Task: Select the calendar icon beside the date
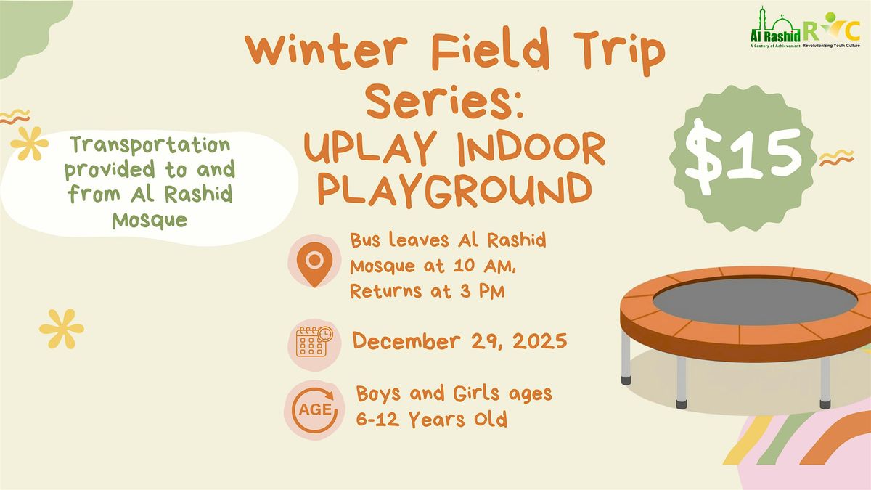click(314, 341)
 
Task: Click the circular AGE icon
click(314, 409)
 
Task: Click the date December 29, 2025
click(460, 340)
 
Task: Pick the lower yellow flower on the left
click(61, 328)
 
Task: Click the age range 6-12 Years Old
click(431, 420)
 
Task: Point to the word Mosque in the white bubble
click(150, 220)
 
